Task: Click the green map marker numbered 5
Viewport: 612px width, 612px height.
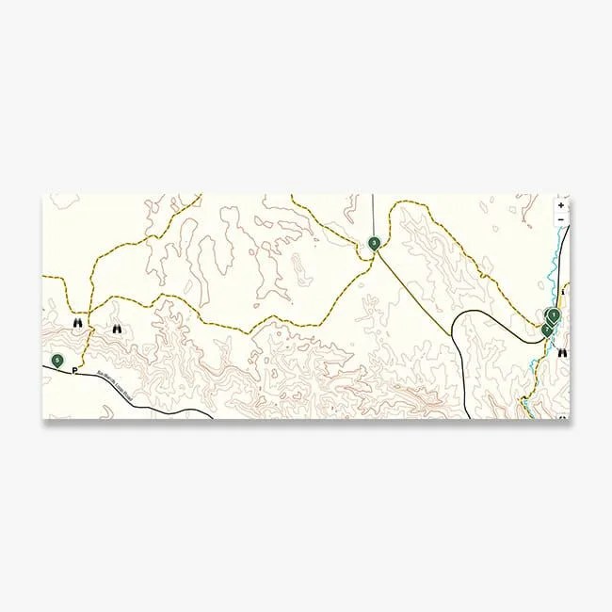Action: [57, 360]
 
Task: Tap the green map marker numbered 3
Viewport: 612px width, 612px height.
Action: [375, 243]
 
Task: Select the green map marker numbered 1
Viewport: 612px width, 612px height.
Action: [554, 314]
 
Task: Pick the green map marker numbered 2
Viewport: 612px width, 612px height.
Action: [547, 328]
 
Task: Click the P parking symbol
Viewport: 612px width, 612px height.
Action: [74, 370]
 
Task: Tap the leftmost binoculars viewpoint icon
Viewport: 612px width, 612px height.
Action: [78, 322]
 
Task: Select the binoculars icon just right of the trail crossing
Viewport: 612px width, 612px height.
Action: [117, 329]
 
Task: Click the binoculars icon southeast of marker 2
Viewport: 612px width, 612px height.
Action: [562, 353]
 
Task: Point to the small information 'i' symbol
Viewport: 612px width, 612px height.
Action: [561, 291]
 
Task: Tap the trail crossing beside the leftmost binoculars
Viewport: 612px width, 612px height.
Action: [88, 311]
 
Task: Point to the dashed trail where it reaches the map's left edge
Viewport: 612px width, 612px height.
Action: [45, 278]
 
